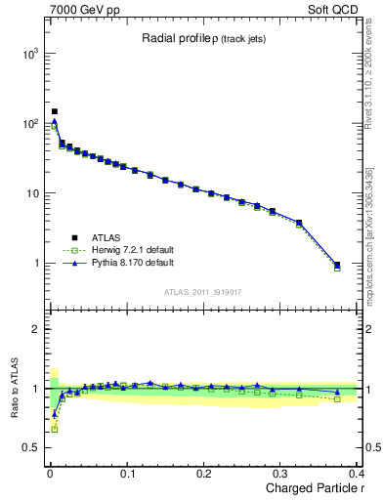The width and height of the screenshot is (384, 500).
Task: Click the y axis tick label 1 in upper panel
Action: pos(35,264)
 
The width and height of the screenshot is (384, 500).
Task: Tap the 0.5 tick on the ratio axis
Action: pos(29,448)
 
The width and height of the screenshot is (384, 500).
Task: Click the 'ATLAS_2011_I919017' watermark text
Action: pos(202,291)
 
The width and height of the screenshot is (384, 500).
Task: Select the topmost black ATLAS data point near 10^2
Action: pos(55,111)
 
